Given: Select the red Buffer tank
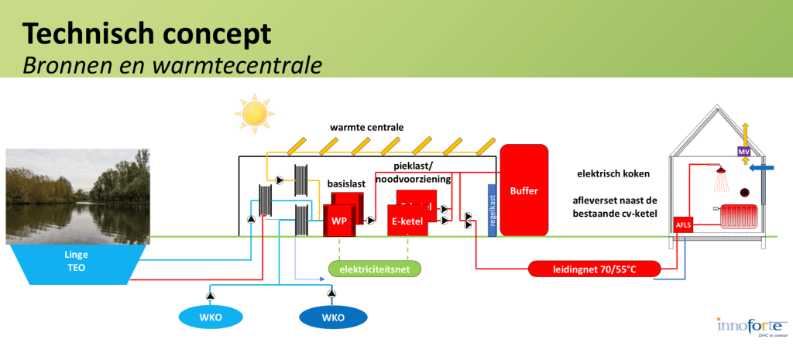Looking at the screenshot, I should [523, 190].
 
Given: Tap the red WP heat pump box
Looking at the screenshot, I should [339, 220].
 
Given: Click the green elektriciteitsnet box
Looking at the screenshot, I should [374, 269].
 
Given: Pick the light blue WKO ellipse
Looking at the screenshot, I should [211, 317].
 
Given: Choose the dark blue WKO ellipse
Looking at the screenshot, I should [333, 317].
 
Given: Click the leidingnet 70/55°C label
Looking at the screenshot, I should [595, 269].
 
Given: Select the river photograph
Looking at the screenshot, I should [77, 194].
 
